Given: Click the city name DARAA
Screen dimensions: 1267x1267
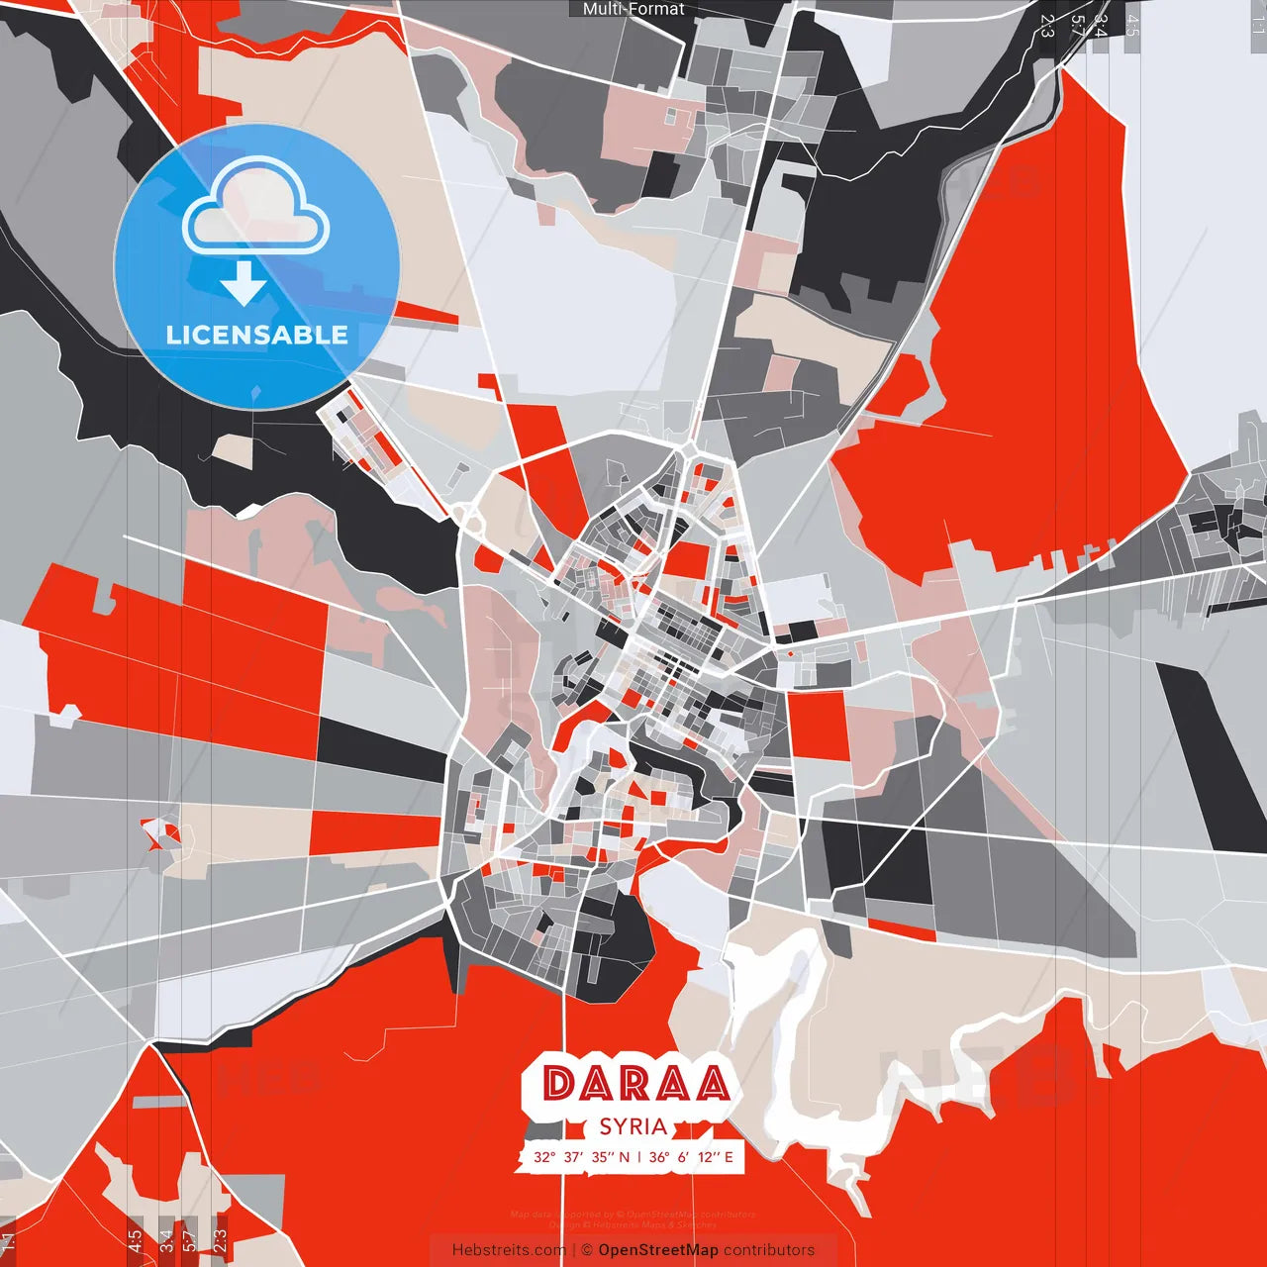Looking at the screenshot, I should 635,1084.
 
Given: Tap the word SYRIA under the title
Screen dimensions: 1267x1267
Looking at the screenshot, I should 633,1126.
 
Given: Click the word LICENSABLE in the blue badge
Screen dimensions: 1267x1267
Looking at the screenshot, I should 257,335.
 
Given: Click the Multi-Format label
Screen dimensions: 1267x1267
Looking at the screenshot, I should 633,9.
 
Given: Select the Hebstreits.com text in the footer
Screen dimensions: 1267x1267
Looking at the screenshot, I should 509,1250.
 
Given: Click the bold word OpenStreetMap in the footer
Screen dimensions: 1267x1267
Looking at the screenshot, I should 658,1250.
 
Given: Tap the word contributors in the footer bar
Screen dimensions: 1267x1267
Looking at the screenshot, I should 769,1250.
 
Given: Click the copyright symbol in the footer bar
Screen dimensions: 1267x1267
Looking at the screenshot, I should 587,1250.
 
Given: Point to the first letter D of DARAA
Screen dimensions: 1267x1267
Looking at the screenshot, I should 559,1084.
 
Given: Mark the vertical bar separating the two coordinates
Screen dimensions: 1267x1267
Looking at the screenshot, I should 639,1157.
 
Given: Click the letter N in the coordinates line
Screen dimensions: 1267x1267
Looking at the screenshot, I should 624,1157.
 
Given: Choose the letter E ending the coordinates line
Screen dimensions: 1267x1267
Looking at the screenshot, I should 729,1157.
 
